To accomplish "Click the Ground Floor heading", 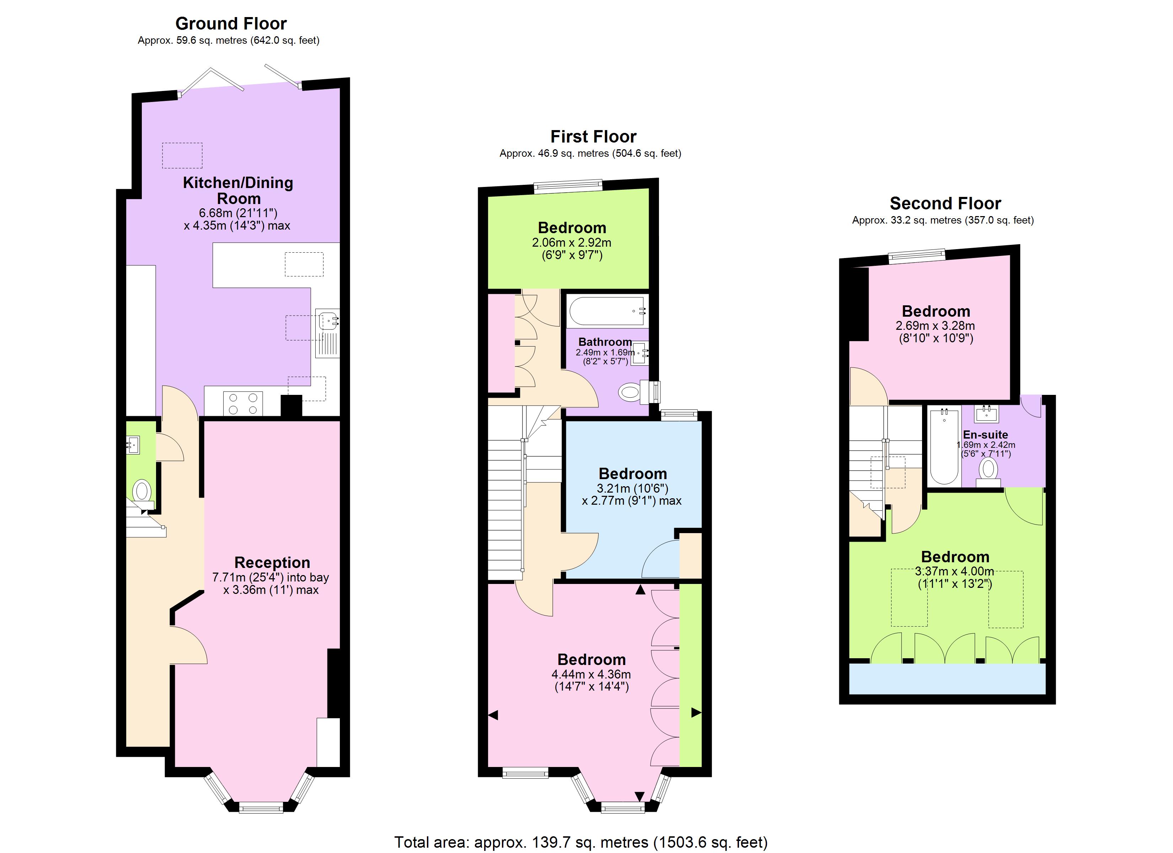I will [x=231, y=23].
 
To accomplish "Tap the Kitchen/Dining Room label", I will [x=238, y=191].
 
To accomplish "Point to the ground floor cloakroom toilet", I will [x=142, y=492].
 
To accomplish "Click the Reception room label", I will [x=272, y=562].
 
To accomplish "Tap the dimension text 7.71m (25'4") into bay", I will [x=271, y=577].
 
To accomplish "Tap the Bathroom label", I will [x=605, y=342].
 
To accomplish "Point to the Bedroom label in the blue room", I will [x=632, y=474].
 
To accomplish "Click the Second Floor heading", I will [x=945, y=203].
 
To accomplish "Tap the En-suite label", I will [x=985, y=435].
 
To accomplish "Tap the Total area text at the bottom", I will [x=581, y=842].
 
